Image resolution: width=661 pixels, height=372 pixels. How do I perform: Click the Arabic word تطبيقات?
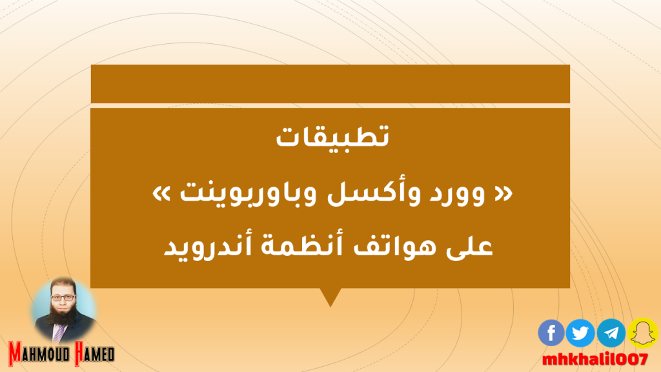[332, 136]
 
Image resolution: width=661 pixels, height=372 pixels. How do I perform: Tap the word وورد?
[457, 194]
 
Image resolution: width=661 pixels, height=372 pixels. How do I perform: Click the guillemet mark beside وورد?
[503, 193]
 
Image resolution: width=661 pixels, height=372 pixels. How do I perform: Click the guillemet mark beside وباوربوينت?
[161, 193]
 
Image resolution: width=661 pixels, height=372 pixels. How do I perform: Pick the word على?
[469, 246]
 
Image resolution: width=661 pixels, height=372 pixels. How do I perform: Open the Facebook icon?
[551, 333]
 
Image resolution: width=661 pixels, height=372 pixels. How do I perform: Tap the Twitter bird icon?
[580, 333]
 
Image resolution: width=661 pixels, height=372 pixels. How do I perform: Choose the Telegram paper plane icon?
[611, 333]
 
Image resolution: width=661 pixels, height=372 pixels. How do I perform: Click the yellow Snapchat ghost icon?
[643, 333]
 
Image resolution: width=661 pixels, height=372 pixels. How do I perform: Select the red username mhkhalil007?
[595, 360]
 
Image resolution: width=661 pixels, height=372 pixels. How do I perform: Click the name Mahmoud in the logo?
[39, 353]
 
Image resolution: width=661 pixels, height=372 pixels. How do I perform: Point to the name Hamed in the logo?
[94, 353]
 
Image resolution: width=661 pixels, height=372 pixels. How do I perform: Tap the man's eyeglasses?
[63, 298]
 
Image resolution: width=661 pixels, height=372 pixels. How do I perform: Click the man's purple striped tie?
[59, 333]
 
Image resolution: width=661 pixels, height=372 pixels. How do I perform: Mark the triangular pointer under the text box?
[330, 295]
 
